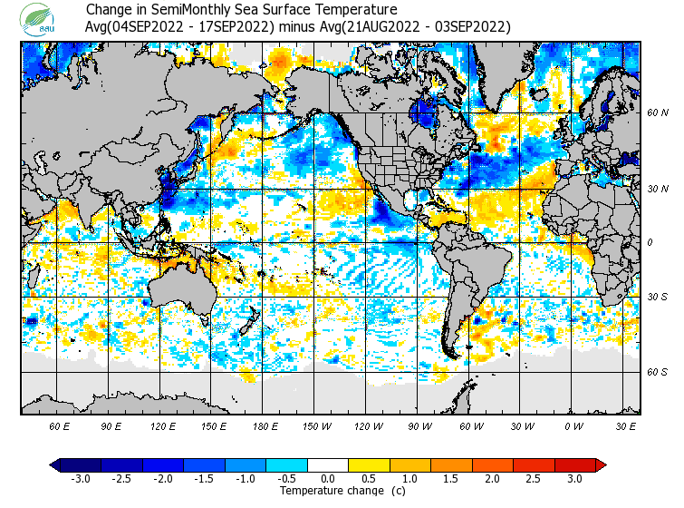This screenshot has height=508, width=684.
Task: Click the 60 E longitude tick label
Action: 60,425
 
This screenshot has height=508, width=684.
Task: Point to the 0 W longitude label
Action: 573,425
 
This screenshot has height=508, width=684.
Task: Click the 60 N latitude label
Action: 658,112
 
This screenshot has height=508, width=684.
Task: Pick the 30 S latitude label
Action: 658,298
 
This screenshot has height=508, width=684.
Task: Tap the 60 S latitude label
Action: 658,372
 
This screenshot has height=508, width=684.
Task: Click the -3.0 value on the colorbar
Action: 81,478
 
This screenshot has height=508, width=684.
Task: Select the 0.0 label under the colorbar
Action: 328,478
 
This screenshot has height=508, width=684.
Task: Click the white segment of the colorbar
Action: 328,465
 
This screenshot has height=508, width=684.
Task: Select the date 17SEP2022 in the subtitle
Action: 237,27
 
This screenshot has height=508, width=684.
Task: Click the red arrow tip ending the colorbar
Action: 600,465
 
